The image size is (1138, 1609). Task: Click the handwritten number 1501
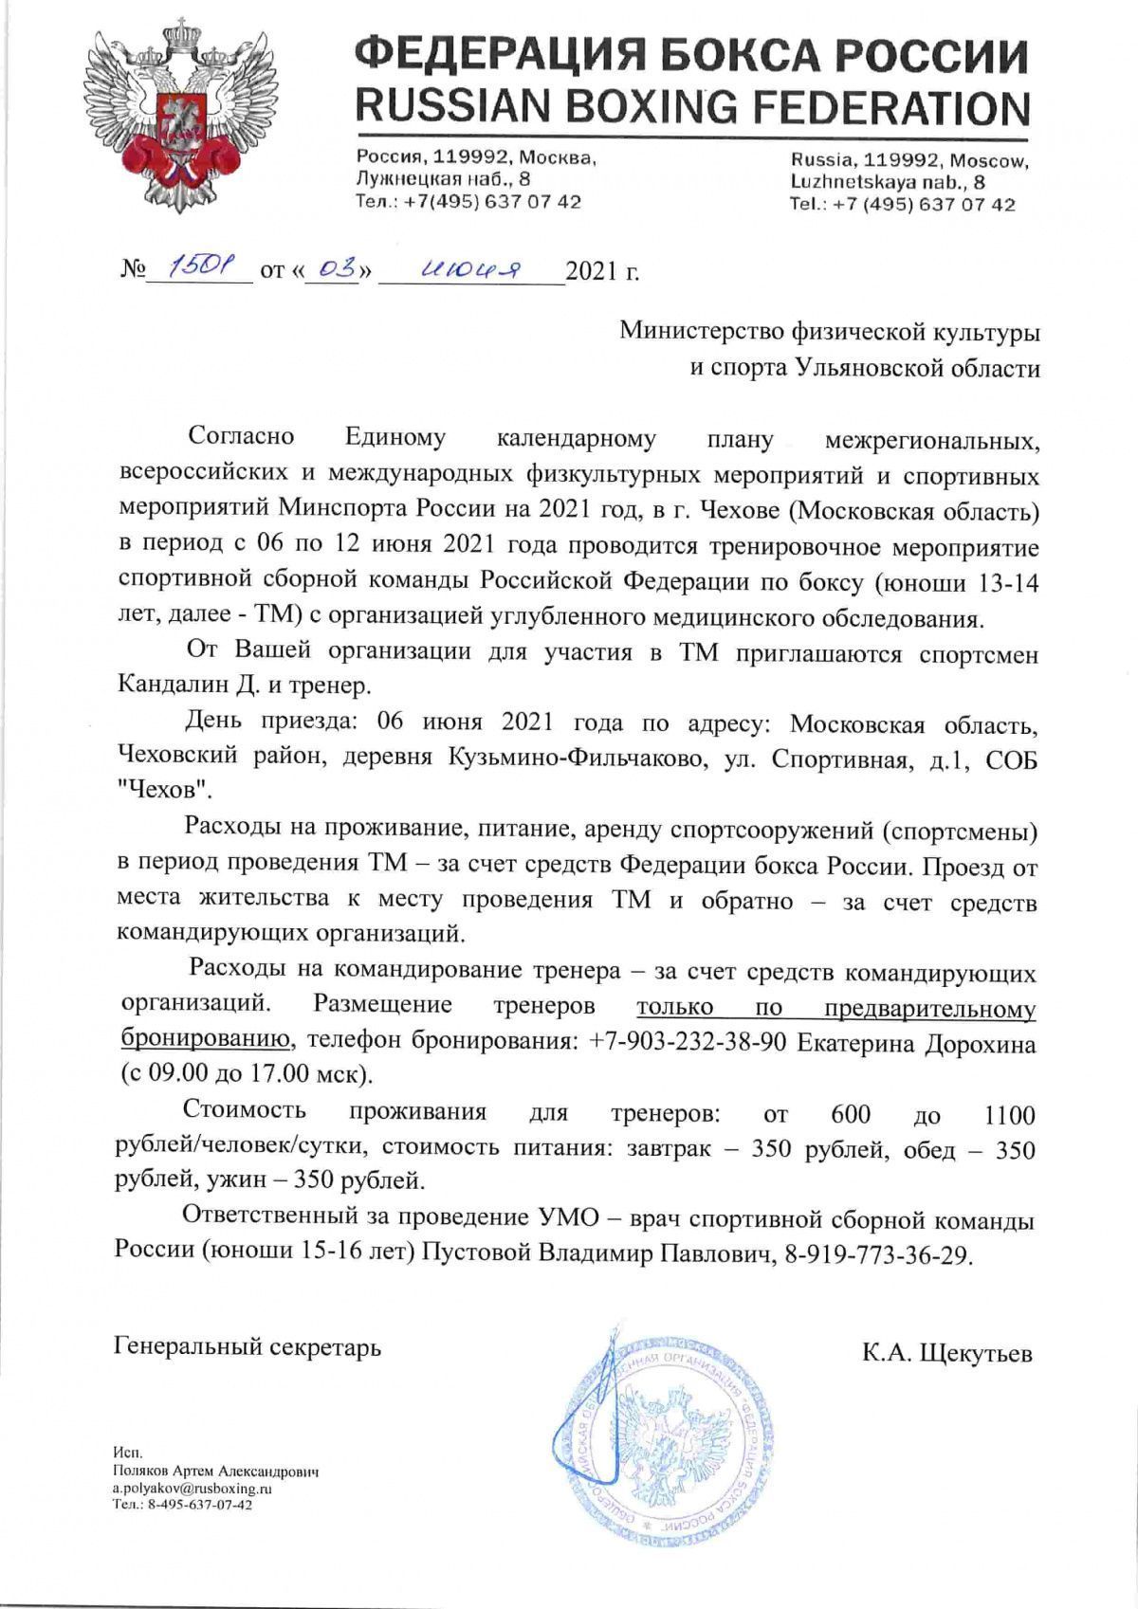(x=195, y=270)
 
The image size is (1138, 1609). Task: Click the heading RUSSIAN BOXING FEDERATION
(x=692, y=107)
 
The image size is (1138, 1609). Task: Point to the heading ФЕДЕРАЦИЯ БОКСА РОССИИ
(x=692, y=55)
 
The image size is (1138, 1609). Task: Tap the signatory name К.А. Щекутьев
(x=946, y=1353)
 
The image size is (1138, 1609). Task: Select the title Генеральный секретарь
(x=248, y=1346)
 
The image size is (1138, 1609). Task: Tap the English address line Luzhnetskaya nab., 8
(x=888, y=181)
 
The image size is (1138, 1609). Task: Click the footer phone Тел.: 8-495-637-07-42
(x=182, y=1505)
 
